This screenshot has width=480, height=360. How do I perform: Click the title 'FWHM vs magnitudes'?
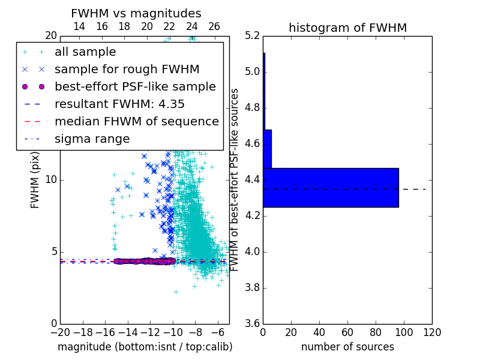[x=136, y=13]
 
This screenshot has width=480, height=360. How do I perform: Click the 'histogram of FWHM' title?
[x=348, y=28]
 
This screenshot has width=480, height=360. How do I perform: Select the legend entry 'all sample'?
[x=85, y=52]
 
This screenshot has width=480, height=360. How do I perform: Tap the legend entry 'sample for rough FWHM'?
[x=127, y=70]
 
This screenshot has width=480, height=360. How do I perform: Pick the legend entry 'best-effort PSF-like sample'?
[x=135, y=87]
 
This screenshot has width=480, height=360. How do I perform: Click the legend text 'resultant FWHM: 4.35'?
[x=119, y=104]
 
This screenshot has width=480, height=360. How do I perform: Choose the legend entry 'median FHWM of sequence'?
[x=137, y=122]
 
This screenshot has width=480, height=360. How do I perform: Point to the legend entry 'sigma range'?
[x=92, y=139]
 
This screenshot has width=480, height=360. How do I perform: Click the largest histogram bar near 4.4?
[x=331, y=188]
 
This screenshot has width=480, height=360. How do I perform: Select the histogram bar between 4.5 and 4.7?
[x=268, y=149]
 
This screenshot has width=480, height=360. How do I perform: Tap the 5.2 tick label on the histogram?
[x=253, y=36]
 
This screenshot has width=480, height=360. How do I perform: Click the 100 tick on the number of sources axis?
[x=404, y=332]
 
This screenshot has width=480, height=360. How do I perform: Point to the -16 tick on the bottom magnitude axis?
[x=106, y=332]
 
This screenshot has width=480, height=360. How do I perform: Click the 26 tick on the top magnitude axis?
[x=214, y=26]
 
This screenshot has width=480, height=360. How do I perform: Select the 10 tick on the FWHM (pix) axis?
[x=51, y=179]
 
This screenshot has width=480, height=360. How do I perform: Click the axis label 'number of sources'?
[x=348, y=347]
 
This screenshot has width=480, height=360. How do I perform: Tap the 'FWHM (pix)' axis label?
[x=35, y=181]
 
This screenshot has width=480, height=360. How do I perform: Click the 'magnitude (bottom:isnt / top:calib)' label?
[x=145, y=347]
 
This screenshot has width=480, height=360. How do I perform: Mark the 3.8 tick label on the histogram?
[x=253, y=288]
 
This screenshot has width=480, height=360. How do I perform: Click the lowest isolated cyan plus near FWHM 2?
[x=176, y=292]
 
